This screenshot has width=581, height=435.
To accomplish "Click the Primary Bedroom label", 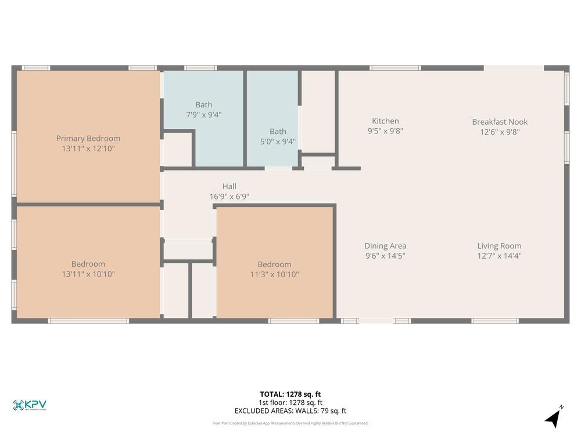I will pos(88,138).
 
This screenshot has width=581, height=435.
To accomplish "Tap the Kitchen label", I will pos(385,121).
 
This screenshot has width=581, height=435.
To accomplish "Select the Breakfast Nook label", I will pos(500,122).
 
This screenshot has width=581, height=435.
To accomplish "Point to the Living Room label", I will pos(499,246).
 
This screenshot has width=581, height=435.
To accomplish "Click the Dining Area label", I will pos(385,246).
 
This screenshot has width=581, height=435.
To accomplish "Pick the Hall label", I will pos(229,186).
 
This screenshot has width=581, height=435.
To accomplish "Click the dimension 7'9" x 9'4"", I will pos(203,115).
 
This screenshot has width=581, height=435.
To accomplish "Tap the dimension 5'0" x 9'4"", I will pos(278,142).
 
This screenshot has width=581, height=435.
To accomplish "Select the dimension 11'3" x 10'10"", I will pos(274,274).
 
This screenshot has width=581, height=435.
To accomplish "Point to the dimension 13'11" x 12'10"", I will pos(88,148).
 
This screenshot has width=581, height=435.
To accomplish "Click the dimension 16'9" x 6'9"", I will pos(229,197).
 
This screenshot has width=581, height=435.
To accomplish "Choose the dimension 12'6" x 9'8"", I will pos(500,132).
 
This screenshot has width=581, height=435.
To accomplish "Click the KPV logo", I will pos(30,405).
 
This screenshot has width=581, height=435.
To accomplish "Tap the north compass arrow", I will pos(554,418).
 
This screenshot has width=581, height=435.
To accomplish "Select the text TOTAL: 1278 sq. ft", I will pos(290,394).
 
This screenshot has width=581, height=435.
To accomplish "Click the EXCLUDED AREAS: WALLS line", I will pos(290,411).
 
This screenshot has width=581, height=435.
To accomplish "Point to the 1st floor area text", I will pos(290,403).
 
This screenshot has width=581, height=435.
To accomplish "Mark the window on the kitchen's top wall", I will pos(395,68).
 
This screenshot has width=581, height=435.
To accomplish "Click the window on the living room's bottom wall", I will pos(495,321).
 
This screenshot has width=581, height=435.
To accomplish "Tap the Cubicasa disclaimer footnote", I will pos(290,423).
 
